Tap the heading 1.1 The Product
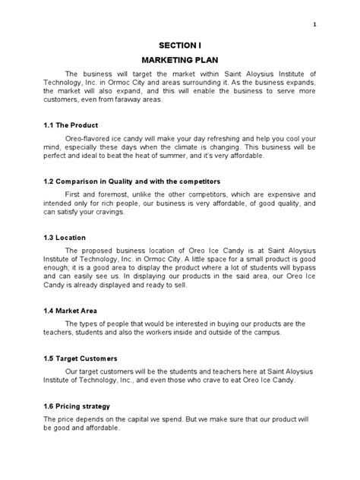[71, 125]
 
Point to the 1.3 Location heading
[66, 237]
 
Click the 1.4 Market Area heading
[73, 311]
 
